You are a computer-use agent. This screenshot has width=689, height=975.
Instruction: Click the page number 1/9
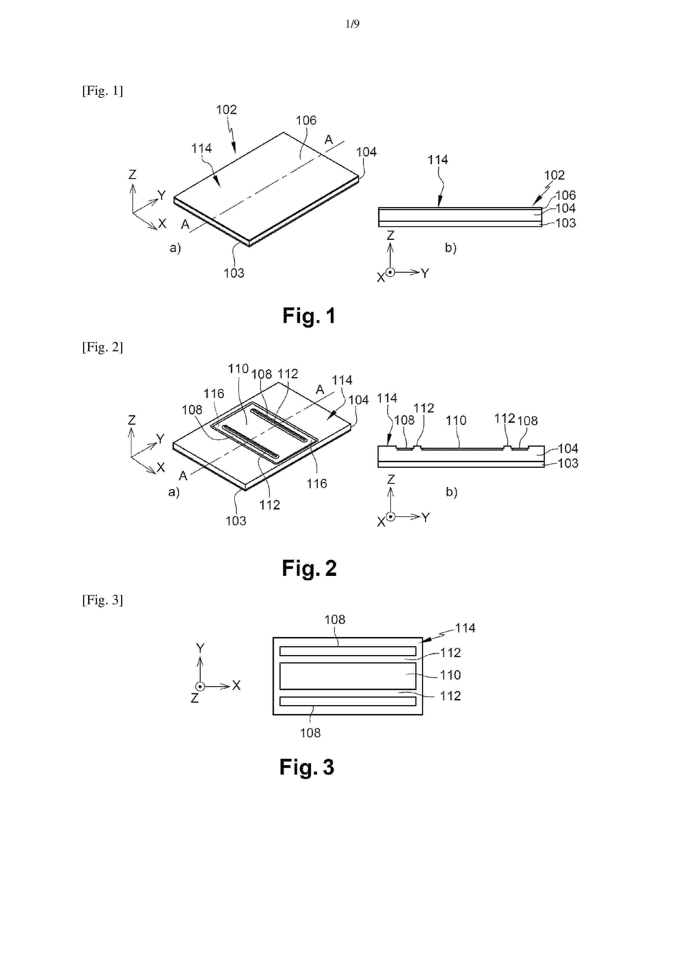click(x=352, y=24)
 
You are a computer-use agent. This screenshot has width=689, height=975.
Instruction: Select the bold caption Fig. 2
click(x=309, y=568)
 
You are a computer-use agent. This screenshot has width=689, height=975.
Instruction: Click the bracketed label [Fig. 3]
click(x=102, y=600)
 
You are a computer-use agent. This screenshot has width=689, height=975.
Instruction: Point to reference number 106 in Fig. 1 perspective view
click(x=306, y=121)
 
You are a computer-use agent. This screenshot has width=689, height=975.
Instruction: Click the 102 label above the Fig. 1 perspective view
click(x=226, y=110)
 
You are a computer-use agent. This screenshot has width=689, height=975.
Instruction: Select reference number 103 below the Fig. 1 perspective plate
click(x=234, y=273)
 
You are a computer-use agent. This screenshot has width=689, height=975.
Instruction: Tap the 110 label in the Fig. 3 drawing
click(x=450, y=675)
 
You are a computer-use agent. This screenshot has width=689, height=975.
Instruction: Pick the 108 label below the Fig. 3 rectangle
click(x=310, y=733)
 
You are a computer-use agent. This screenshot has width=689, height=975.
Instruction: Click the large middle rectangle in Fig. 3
click(x=348, y=676)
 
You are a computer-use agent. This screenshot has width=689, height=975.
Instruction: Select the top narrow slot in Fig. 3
click(x=348, y=651)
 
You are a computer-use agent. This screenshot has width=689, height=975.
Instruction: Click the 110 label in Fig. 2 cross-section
click(x=456, y=421)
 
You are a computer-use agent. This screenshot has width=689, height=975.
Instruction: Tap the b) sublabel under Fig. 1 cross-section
click(x=450, y=248)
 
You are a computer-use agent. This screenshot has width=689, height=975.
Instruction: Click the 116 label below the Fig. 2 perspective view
click(x=317, y=484)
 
